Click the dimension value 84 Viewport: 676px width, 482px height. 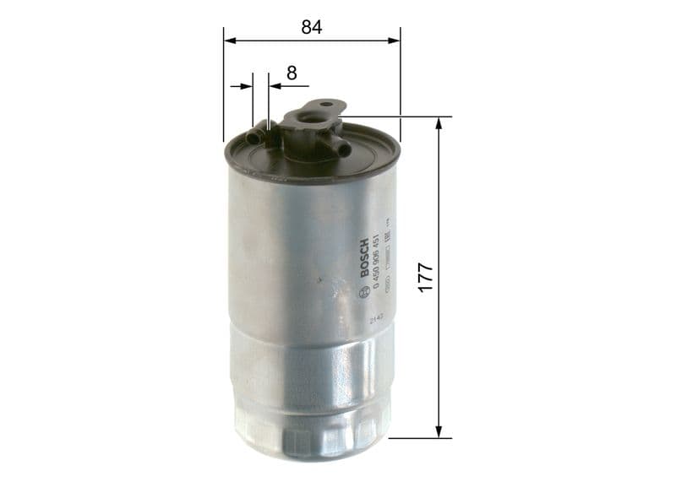(x=312, y=26)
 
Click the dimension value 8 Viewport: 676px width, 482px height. (x=292, y=73)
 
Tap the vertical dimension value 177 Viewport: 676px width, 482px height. (x=424, y=278)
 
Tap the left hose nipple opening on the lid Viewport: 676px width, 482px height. (x=251, y=135)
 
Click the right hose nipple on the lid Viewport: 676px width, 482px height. (x=343, y=149)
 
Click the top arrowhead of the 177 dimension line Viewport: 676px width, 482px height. (x=439, y=123)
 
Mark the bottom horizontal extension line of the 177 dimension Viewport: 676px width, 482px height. (x=418, y=438)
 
